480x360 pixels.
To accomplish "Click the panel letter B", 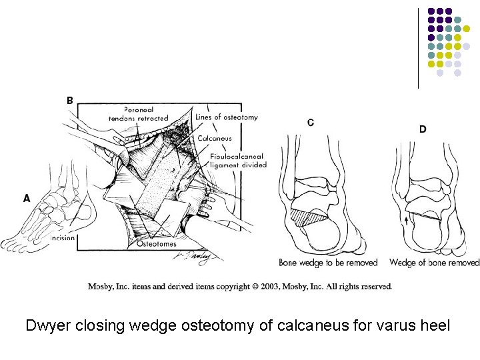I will click(x=70, y=101).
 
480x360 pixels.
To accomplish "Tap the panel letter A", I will click(x=27, y=198).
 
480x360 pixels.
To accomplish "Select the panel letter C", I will click(x=311, y=122).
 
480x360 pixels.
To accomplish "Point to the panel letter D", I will click(x=423, y=129).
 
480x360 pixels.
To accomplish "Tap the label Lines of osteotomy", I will click(x=227, y=117).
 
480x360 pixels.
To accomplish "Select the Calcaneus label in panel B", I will click(x=215, y=138).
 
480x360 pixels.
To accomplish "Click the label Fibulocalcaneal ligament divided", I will click(x=239, y=161).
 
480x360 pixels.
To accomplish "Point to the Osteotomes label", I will click(x=156, y=244).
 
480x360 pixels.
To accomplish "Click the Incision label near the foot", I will click(x=61, y=238).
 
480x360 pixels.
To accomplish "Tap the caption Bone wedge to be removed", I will click(x=328, y=263).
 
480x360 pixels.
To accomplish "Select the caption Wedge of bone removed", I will click(x=434, y=263).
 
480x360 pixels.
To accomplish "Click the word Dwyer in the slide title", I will click(x=49, y=327).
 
